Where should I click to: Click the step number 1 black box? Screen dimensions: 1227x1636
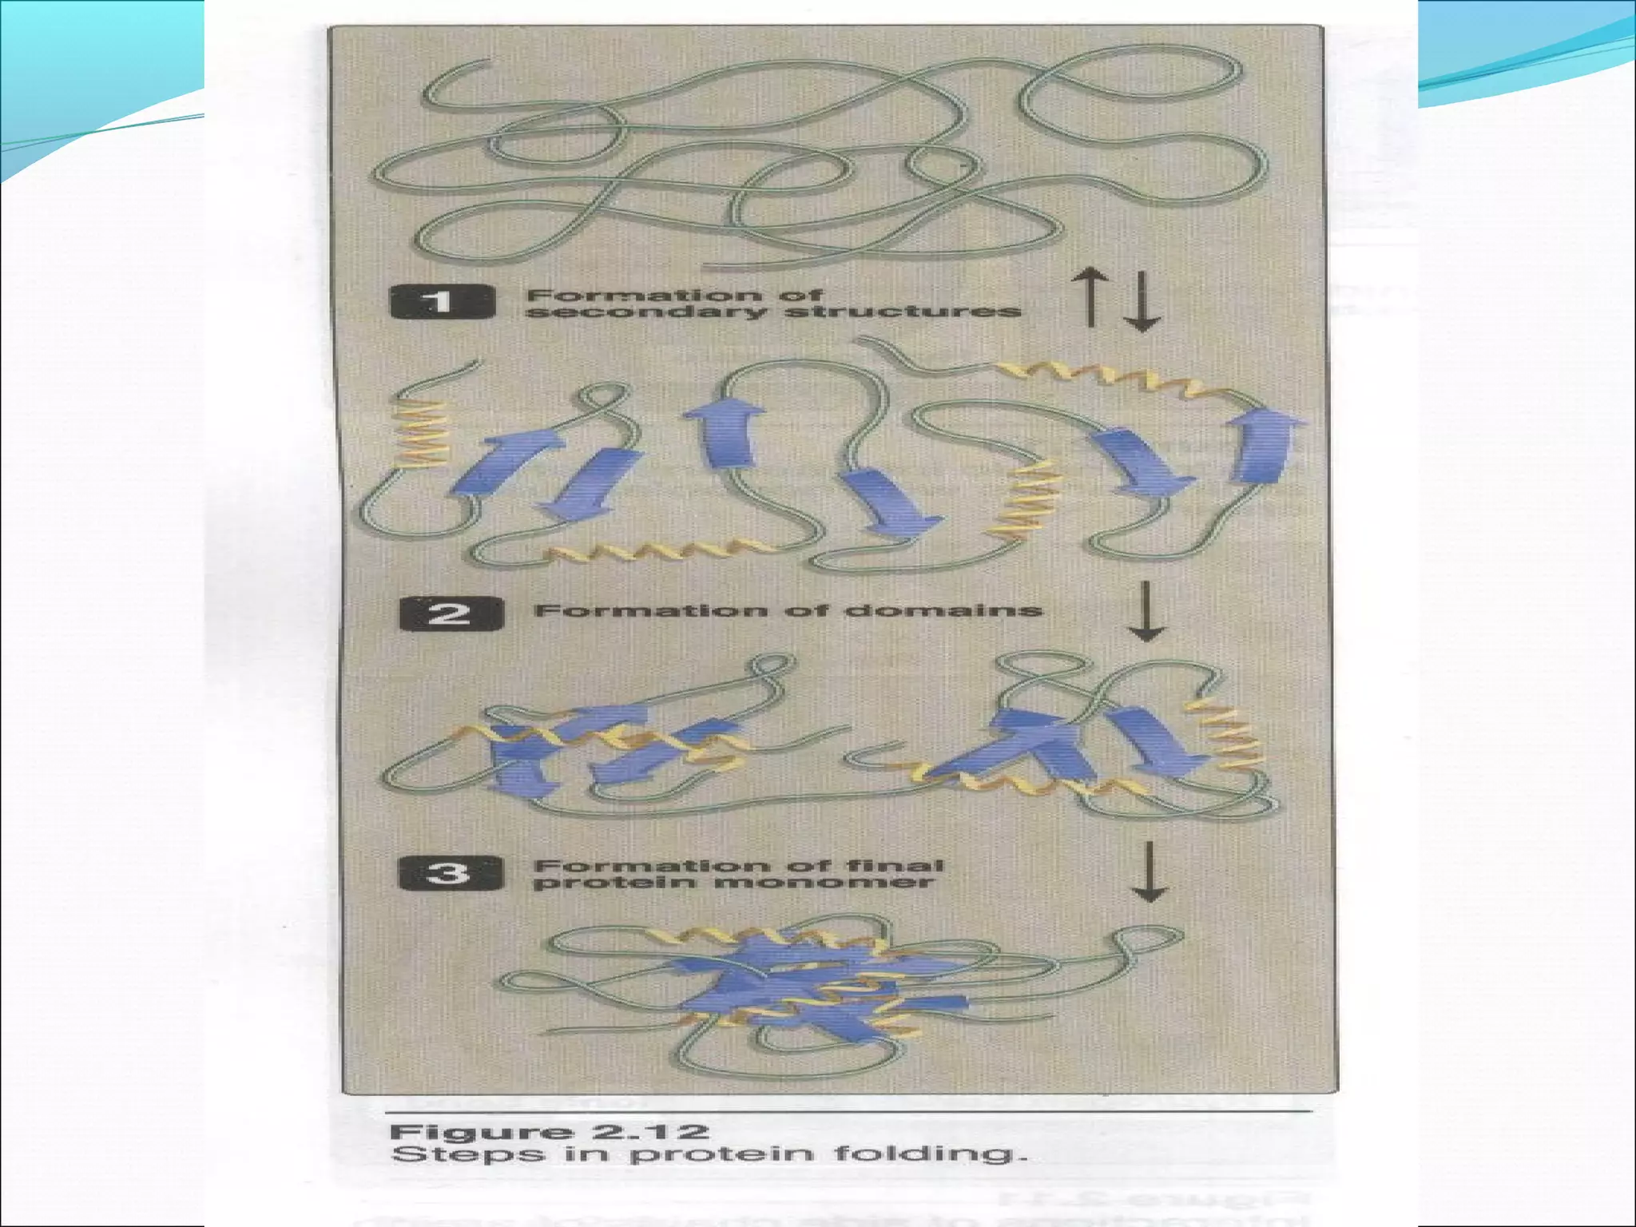tap(442, 304)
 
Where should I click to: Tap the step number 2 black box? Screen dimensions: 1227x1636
tap(451, 613)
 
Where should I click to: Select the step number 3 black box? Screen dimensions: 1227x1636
tap(451, 873)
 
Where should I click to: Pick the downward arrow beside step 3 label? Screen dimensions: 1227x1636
tap(1147, 872)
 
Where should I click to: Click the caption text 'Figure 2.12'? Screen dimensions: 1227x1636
tap(549, 1132)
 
